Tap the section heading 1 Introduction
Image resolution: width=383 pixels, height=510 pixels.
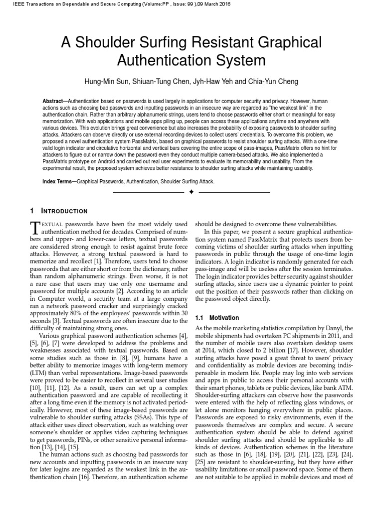coord(58,211)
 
